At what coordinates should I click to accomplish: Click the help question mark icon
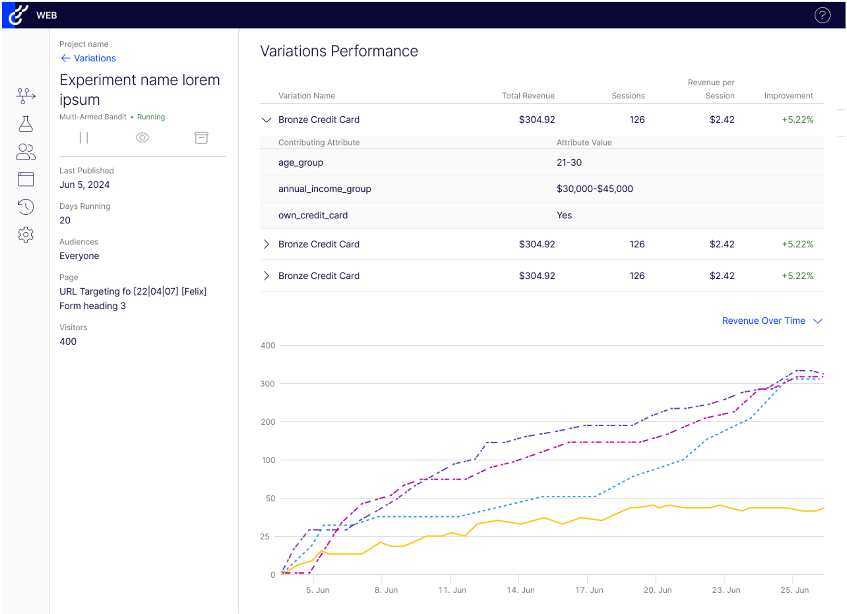[x=822, y=15]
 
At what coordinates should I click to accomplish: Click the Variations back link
[x=88, y=58]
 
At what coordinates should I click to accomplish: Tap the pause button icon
[x=84, y=137]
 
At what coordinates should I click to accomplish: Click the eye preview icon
[x=142, y=137]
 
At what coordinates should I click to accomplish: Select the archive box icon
[x=201, y=137]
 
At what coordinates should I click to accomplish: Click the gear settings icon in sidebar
[x=26, y=234]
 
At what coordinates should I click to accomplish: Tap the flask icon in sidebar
[x=26, y=124]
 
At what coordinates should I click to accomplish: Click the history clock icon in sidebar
[x=26, y=207]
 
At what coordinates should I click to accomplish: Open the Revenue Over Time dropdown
[x=772, y=321]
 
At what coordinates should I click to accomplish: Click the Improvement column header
[x=788, y=96]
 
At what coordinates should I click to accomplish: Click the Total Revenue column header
[x=528, y=96]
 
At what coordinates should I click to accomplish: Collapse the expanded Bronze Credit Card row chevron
[x=267, y=120]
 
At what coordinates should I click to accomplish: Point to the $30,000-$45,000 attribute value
[x=595, y=189]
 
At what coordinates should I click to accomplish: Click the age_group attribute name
[x=301, y=162]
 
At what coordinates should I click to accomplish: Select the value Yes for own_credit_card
[x=564, y=215]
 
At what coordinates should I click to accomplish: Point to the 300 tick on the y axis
[x=267, y=383]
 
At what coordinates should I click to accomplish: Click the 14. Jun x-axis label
[x=521, y=590]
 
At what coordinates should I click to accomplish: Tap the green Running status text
[x=151, y=117]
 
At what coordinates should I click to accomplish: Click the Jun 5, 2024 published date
[x=85, y=185]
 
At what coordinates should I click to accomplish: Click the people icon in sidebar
[x=26, y=151]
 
